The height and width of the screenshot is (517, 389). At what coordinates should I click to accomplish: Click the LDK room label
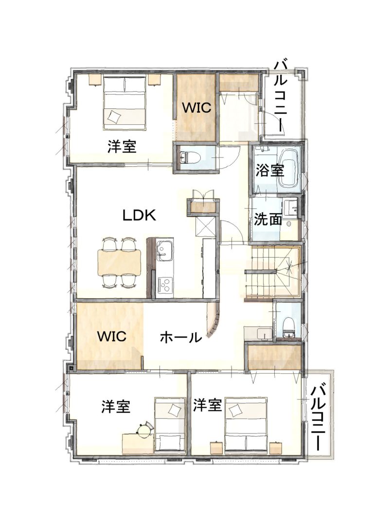[x=139, y=215]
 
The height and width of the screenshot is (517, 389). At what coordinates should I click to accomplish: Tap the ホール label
[x=180, y=337]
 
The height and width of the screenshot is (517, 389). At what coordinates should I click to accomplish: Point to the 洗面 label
[x=268, y=220]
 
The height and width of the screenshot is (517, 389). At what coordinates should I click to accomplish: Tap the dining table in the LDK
[x=119, y=262]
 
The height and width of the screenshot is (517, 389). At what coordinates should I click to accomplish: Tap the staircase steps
[x=273, y=271]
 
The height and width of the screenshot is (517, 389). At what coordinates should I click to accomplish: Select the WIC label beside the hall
[x=111, y=336]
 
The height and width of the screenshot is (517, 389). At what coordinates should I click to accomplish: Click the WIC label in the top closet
[x=196, y=108]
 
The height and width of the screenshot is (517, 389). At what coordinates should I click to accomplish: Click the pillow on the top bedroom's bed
[x=114, y=117]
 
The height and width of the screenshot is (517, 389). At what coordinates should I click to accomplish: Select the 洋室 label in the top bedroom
[x=122, y=146]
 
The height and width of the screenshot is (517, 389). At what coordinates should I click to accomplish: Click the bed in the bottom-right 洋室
[x=246, y=424]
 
